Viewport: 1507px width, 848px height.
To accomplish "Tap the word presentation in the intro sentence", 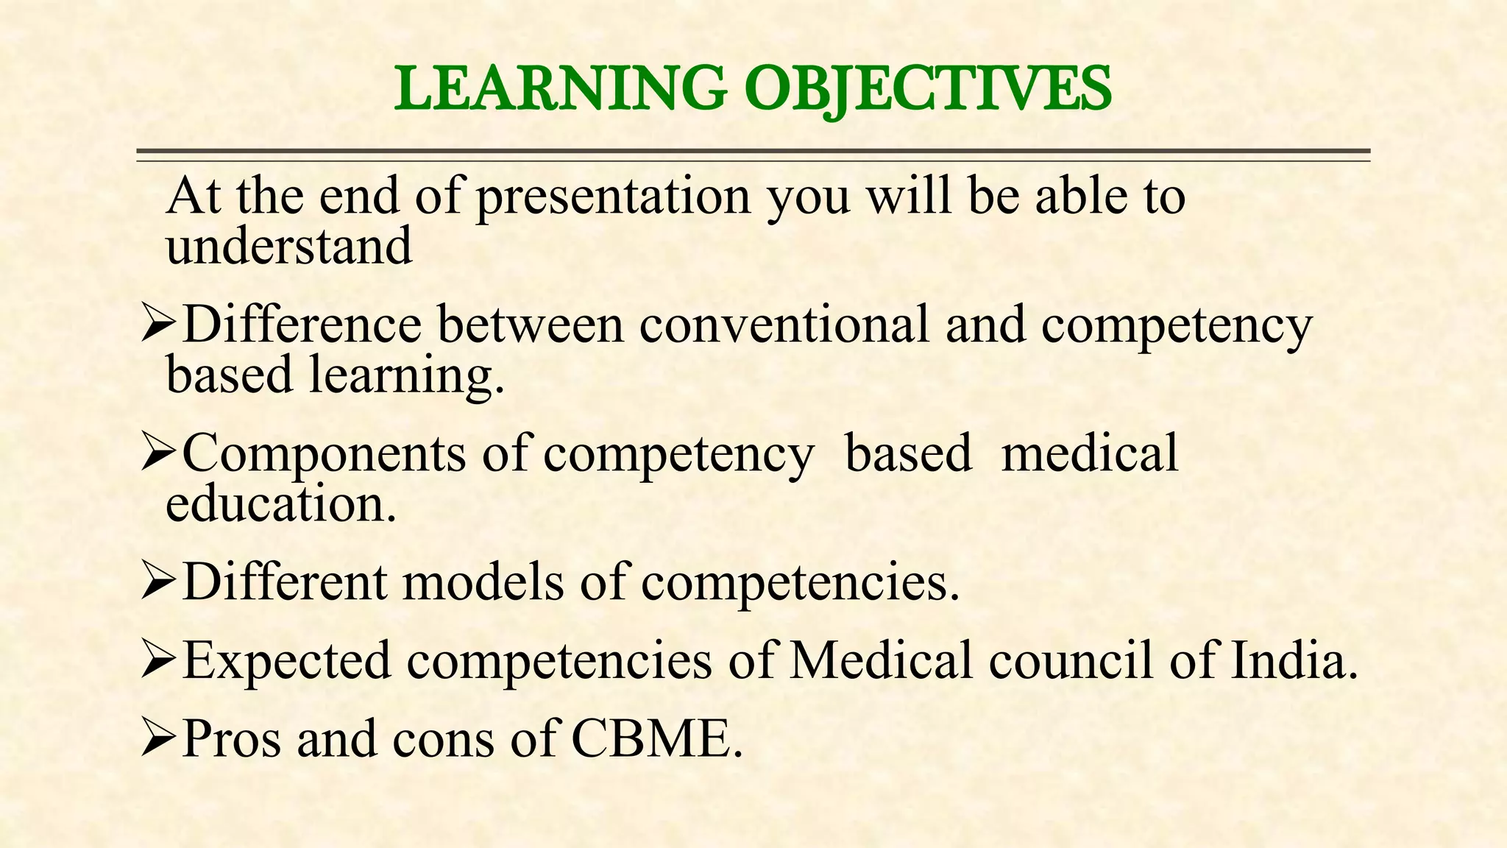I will pyautogui.click(x=613, y=197).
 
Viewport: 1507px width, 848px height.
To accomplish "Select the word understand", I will pyautogui.click(x=288, y=247).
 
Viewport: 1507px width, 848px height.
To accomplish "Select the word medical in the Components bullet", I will pyautogui.click(x=1090, y=453).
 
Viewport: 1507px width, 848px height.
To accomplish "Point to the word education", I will pyautogui.click(x=280, y=504).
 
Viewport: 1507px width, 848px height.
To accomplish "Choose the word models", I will pyautogui.click(x=483, y=582).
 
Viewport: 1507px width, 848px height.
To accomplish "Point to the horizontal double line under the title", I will pyautogui.click(x=753, y=155).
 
